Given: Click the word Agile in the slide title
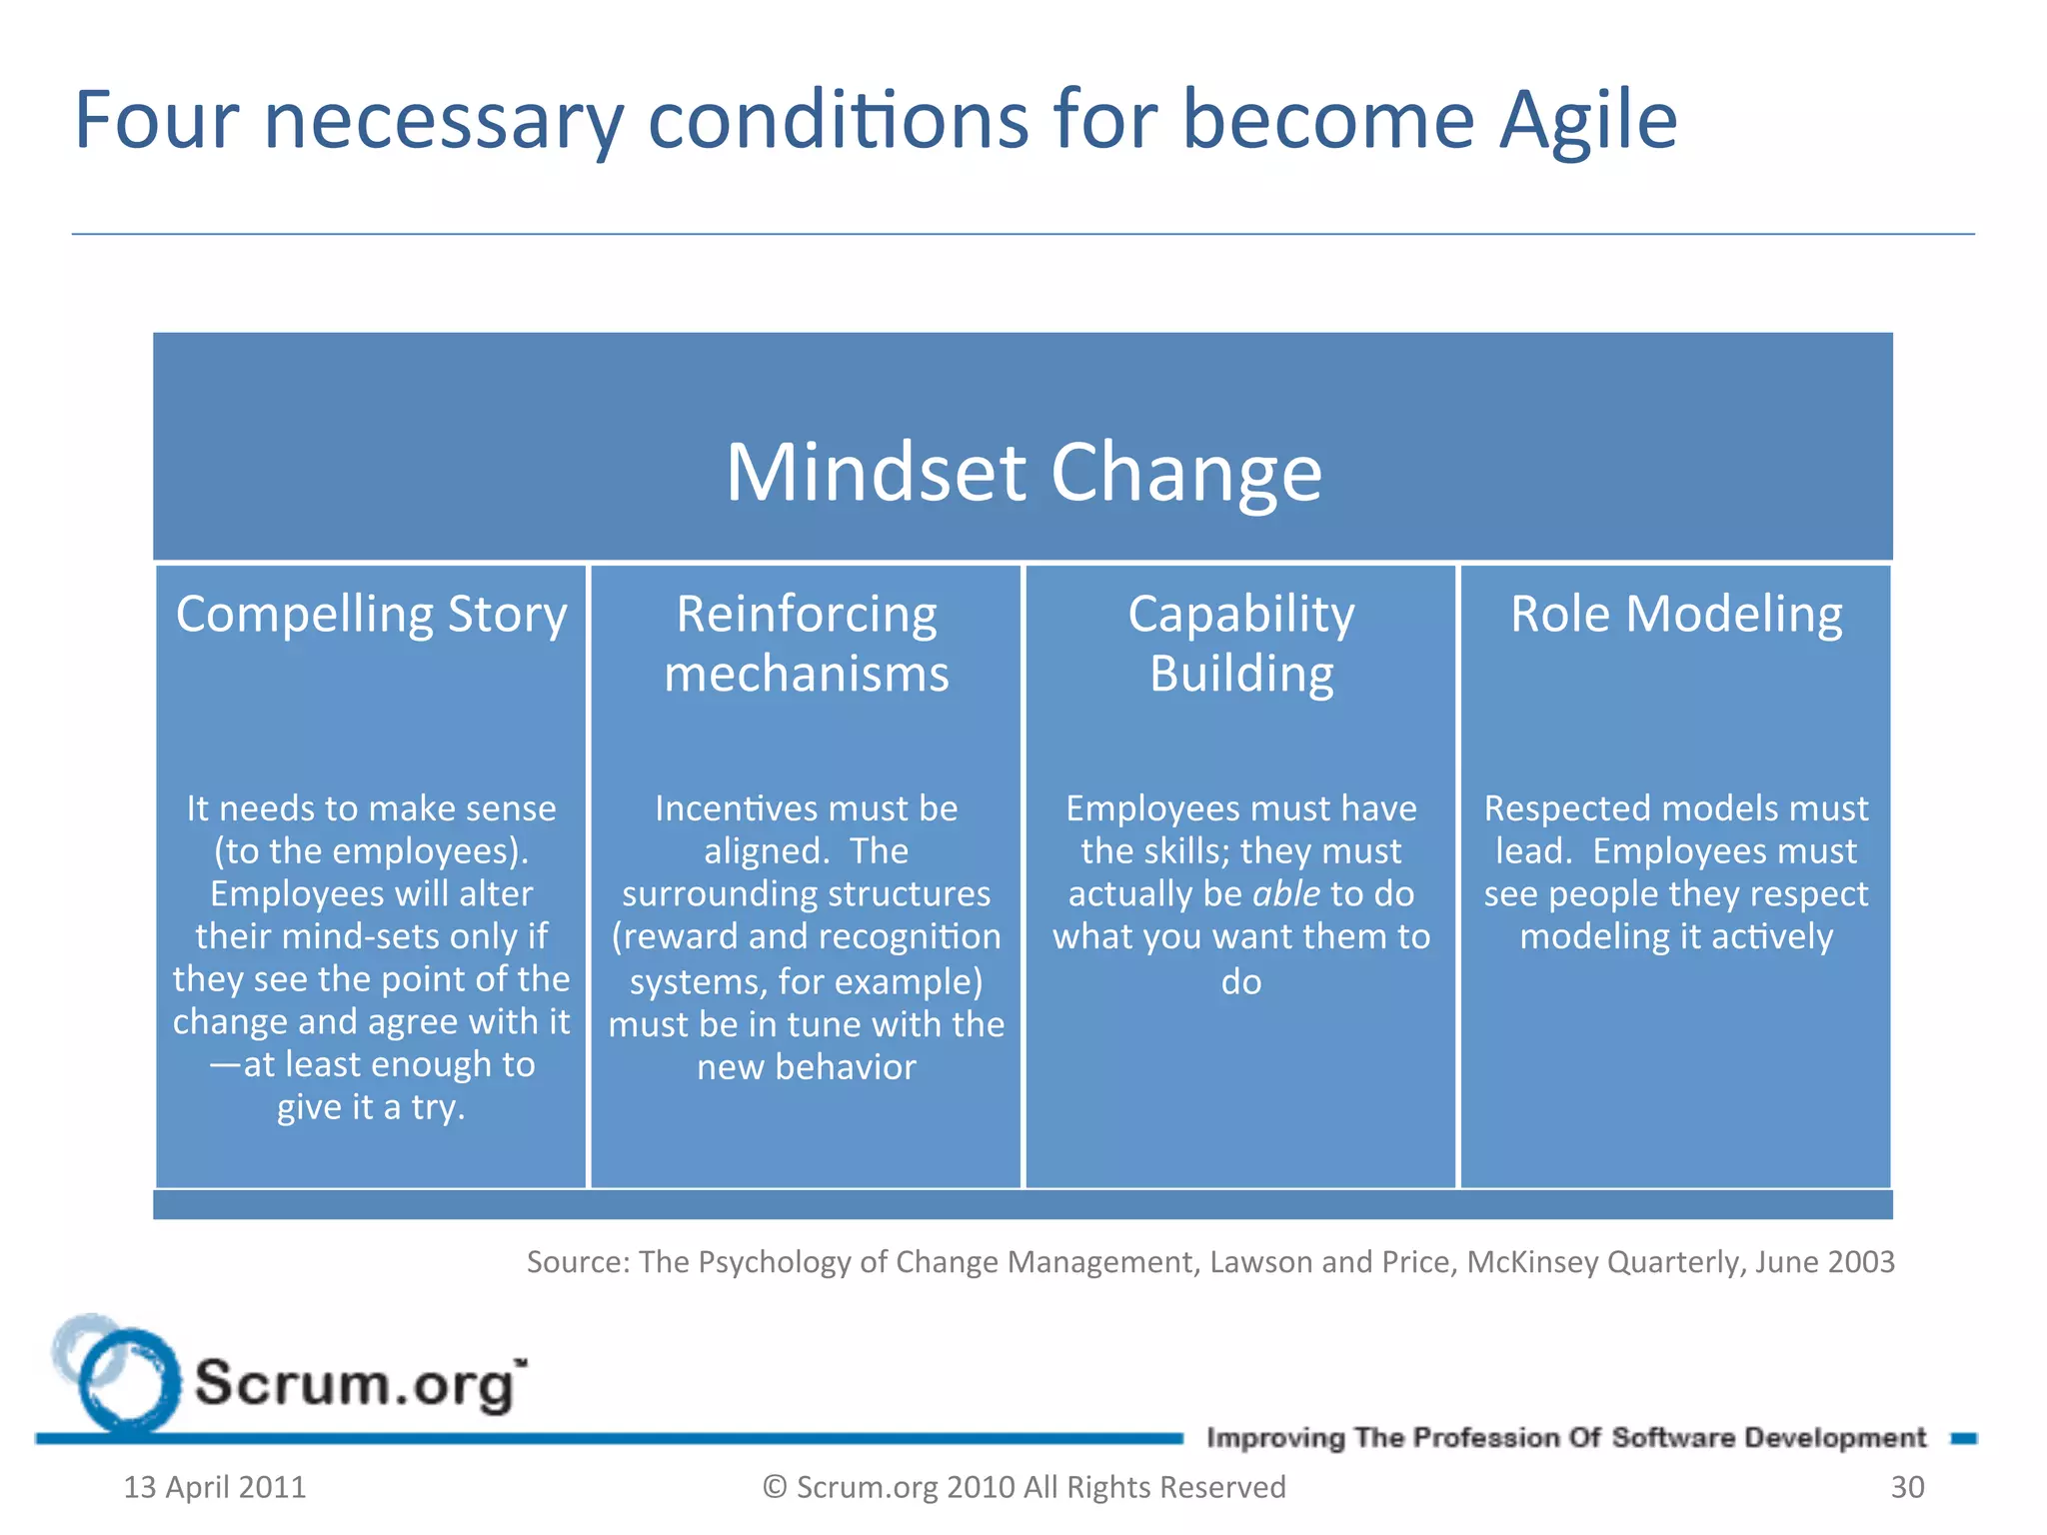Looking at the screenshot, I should click(x=1587, y=121).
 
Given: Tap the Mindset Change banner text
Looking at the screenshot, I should click(x=1023, y=472).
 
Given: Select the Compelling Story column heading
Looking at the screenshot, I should click(x=371, y=614).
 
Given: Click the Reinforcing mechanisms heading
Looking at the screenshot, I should click(x=806, y=644).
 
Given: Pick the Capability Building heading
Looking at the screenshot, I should click(x=1240, y=644).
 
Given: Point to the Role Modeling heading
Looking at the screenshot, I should click(x=1676, y=614).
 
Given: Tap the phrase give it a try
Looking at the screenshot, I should click(x=371, y=1107).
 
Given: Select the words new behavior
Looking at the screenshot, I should click(x=806, y=1067).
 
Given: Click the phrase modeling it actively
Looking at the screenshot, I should click(x=1676, y=936).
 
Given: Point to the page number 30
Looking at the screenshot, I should click(x=1907, y=1487).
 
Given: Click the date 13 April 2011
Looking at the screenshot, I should click(x=214, y=1487).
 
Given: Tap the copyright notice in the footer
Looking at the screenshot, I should click(x=1023, y=1487).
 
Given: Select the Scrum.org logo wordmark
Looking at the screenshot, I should click(x=358, y=1385).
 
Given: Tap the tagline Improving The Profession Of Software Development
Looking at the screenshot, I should click(x=1565, y=1438).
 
